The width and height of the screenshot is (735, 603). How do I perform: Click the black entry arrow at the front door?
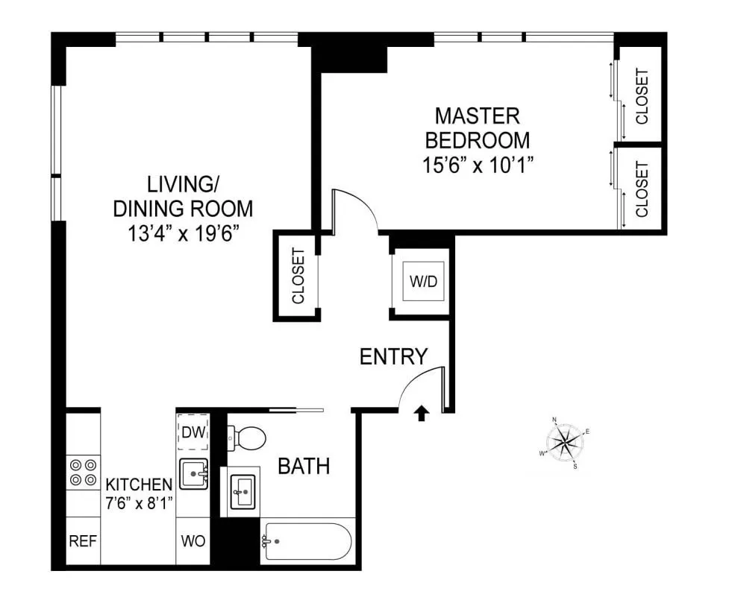(x=422, y=413)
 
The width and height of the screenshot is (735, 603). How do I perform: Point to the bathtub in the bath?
(x=307, y=542)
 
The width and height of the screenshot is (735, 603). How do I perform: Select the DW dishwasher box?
(x=193, y=431)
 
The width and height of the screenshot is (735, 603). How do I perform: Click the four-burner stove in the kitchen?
(x=83, y=472)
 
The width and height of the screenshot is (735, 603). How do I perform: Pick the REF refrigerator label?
(x=83, y=540)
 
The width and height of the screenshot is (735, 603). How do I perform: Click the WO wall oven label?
(x=193, y=540)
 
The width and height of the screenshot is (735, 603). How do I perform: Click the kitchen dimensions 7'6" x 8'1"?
(x=140, y=502)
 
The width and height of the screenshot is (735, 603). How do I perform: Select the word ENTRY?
(x=393, y=356)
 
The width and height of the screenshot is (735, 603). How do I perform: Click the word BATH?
(x=304, y=467)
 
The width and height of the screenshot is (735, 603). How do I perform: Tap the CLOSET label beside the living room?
(x=298, y=276)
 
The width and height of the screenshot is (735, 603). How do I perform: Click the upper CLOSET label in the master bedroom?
(x=641, y=96)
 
